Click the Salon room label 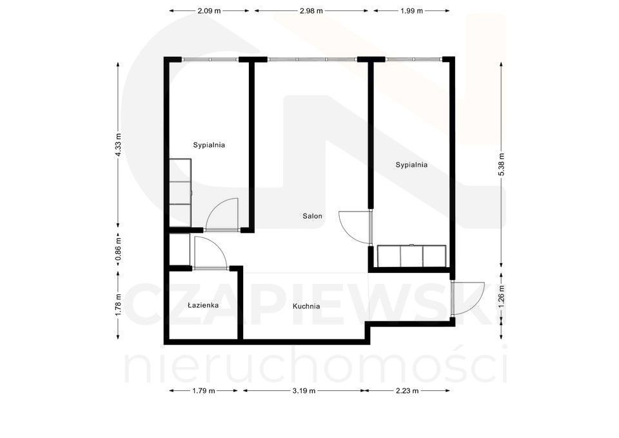coord(312,216)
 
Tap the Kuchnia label coord(306,306)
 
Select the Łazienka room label coord(203,305)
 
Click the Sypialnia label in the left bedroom coord(209,145)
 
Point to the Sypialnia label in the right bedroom coord(411,164)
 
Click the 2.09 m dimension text coord(209,11)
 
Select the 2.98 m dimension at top coord(311,11)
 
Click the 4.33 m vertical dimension coord(118,144)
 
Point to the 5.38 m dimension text coord(502,164)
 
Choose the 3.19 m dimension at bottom coord(304,391)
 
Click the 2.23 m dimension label coord(407,391)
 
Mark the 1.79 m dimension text coord(203,391)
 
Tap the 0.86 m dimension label coord(118,249)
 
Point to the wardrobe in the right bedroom coord(412,256)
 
